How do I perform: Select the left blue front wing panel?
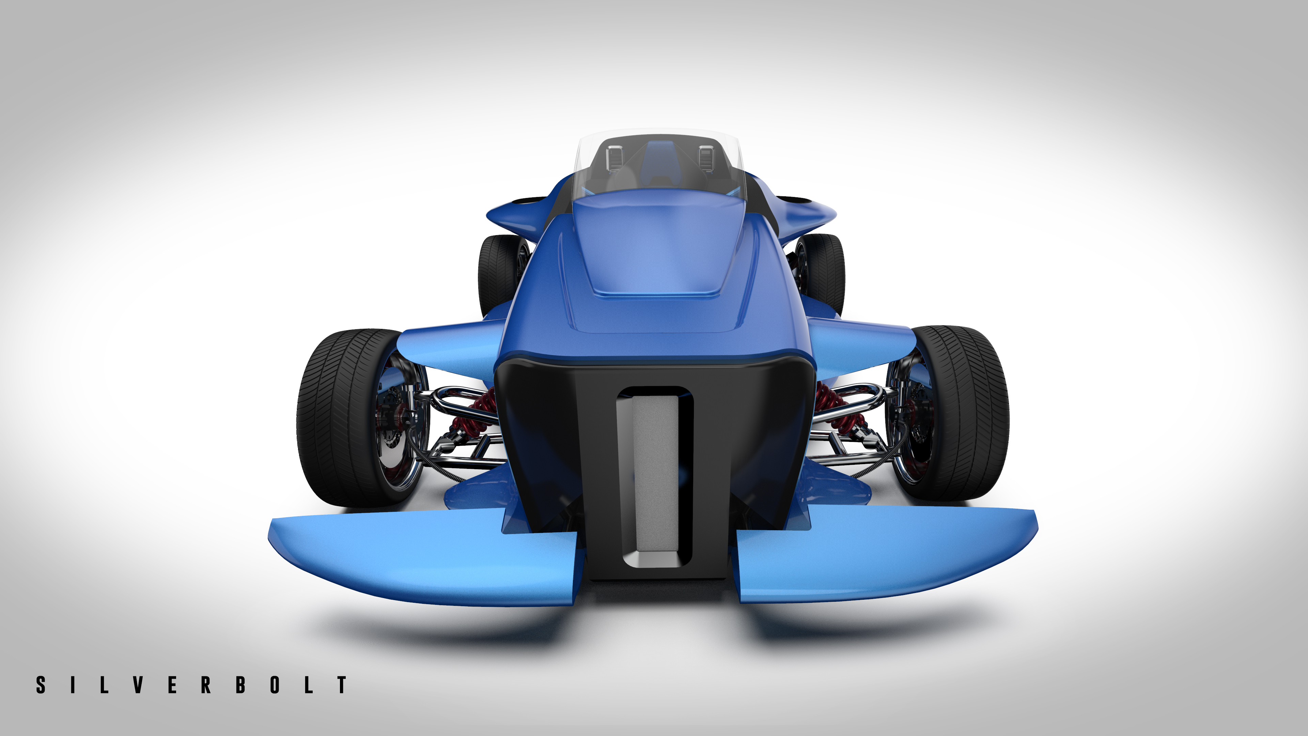click(421, 559)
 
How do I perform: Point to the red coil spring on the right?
click(833, 407)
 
